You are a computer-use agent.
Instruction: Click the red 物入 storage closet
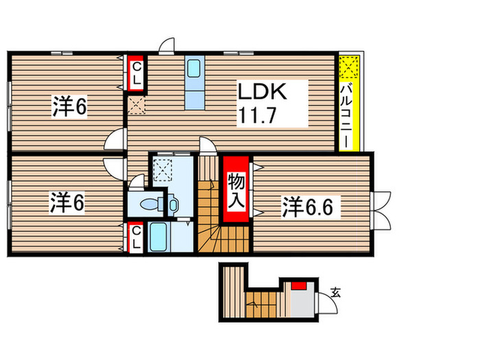[236, 190]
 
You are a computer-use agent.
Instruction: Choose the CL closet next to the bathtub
[136, 237]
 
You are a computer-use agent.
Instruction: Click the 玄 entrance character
[336, 292]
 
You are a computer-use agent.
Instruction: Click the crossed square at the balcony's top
[349, 67]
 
